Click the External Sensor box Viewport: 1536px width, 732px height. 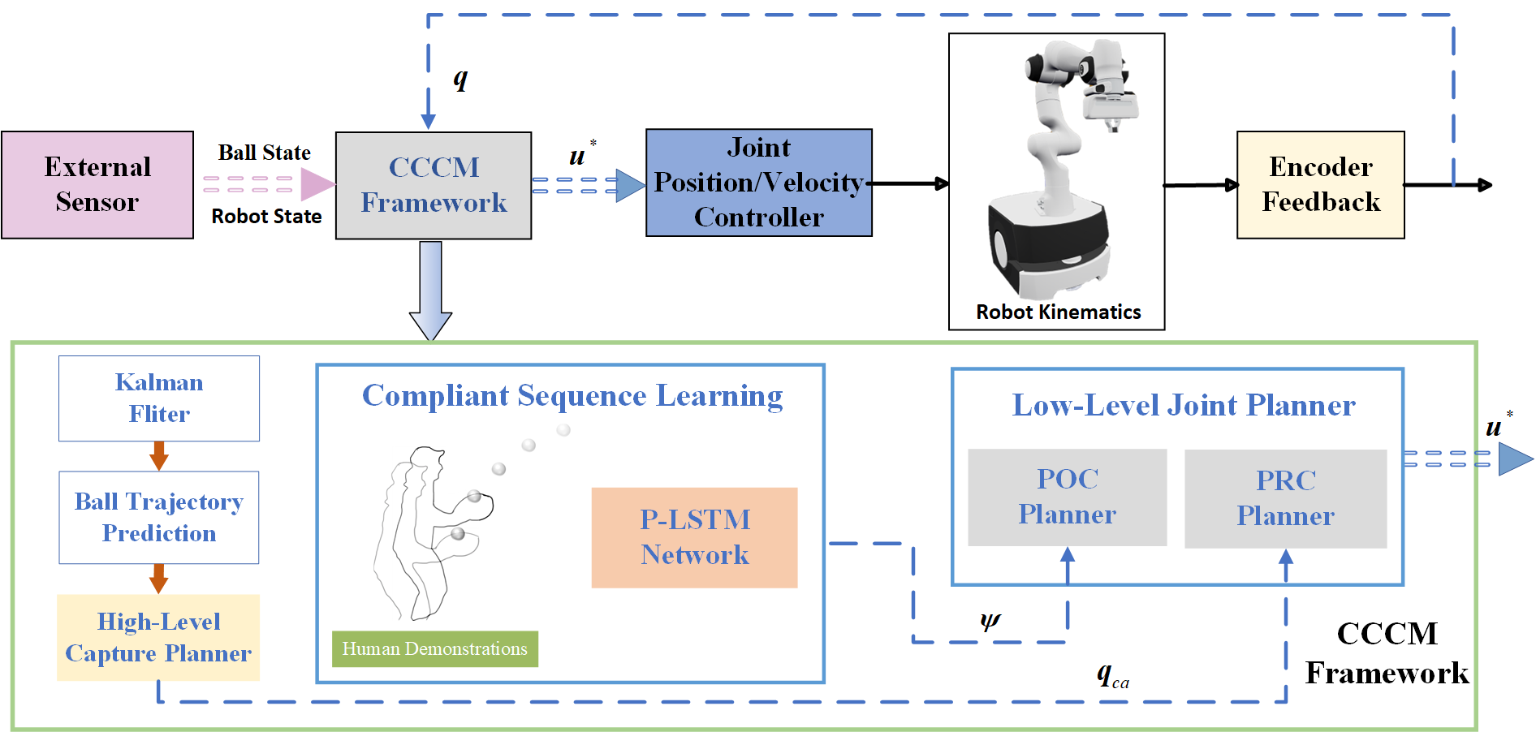pos(97,185)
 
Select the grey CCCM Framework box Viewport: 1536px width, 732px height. pos(434,185)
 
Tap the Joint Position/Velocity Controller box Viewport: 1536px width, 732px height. pos(758,183)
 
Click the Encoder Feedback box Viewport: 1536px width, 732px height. pos(1320,185)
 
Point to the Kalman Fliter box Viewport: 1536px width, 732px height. pos(159,398)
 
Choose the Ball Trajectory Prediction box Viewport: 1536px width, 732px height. pos(159,518)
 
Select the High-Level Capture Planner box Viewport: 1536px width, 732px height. pos(158,637)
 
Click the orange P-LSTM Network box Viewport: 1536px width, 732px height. pos(694,537)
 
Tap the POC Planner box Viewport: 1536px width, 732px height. pos(1067,497)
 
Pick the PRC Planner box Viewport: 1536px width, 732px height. pos(1285,498)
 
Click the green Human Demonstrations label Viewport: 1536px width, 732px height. pos(434,649)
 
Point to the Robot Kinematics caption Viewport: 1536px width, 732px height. pos(1058,312)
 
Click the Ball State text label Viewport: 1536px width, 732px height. pos(264,153)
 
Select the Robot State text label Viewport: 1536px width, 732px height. pos(266,217)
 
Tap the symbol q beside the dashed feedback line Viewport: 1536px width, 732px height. pos(460,79)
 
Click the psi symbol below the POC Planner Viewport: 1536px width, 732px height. pos(990,621)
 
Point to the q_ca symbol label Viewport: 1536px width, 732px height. pos(1112,674)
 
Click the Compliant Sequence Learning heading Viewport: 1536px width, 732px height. pos(572,396)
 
